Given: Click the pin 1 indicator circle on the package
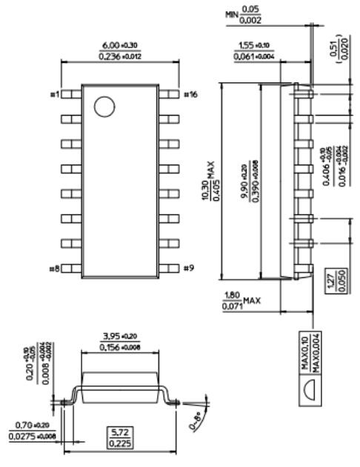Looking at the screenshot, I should [105, 107].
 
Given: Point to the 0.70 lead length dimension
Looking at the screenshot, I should [29, 425].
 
